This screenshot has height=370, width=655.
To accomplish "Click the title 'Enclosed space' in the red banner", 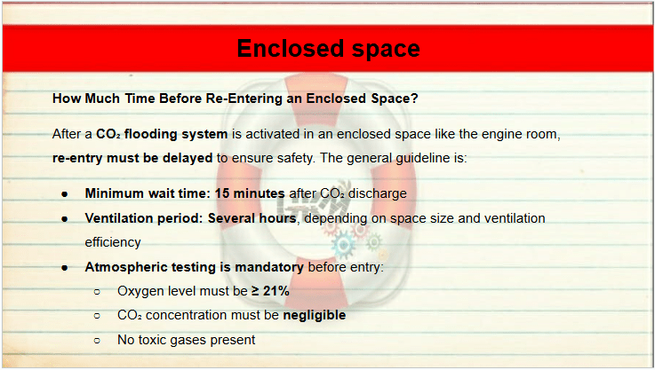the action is click(x=328, y=49).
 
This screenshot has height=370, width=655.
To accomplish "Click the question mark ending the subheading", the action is click(x=414, y=98).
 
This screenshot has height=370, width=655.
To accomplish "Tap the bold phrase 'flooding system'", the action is click(x=176, y=134).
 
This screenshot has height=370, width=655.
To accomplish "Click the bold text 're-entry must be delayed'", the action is click(x=132, y=158).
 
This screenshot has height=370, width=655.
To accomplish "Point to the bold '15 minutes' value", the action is click(x=250, y=193).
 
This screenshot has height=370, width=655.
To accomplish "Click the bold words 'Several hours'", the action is click(x=252, y=218).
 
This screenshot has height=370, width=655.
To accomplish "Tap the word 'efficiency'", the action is click(x=113, y=242).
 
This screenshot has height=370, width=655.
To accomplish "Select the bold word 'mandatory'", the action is click(x=269, y=267).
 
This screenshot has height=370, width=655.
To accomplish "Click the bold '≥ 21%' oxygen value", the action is click(x=270, y=291).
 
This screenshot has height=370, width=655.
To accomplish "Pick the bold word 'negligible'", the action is click(x=315, y=315).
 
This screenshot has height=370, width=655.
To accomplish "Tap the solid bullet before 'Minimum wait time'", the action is click(x=65, y=194).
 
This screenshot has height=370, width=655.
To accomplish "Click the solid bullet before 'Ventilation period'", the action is click(x=65, y=218).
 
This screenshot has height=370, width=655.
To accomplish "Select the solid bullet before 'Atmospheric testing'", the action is click(x=65, y=268).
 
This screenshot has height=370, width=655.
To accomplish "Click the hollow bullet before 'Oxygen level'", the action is click(x=98, y=292).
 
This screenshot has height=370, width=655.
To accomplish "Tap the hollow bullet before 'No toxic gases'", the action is click(x=98, y=341).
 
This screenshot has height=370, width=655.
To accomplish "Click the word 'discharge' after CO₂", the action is click(x=377, y=193).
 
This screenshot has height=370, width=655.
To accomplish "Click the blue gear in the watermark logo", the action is click(x=343, y=246).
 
